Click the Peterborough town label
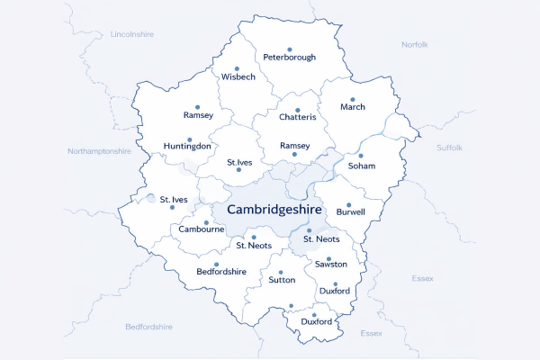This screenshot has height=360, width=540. tap(289, 58)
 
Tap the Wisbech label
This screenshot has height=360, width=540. tap(238, 77)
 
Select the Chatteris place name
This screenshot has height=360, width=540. tap(298, 117)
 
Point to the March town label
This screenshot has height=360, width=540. tap(353, 107)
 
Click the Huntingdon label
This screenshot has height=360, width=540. tap(187, 145)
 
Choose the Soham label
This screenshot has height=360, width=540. tap(361, 166)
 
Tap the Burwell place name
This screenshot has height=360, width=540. tap(351, 212)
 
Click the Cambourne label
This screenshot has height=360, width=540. tap(202, 229)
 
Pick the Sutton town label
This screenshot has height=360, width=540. tap(282, 280)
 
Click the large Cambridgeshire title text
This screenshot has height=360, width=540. tap(274, 209)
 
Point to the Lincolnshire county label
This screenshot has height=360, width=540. tap(132, 33)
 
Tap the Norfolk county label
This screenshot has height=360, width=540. tap(415, 44)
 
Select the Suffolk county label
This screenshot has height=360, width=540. tap(449, 147)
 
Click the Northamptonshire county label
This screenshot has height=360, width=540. tap(99, 151)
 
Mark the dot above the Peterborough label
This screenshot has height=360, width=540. tap(289, 49)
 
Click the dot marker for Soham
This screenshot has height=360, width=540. tap(361, 156)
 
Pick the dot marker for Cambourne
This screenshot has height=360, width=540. tap(206, 222)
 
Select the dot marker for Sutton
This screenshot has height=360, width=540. tap(280, 272)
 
